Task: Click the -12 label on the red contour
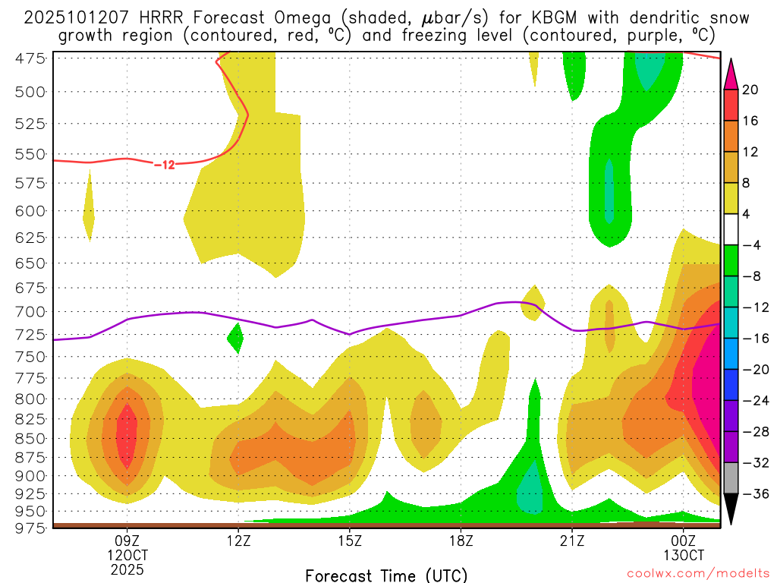(164, 165)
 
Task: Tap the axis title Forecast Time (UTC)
(386, 575)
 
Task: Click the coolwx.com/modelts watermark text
(697, 574)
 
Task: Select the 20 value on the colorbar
(751, 90)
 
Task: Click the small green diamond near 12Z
(235, 337)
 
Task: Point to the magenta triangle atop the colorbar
(731, 74)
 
